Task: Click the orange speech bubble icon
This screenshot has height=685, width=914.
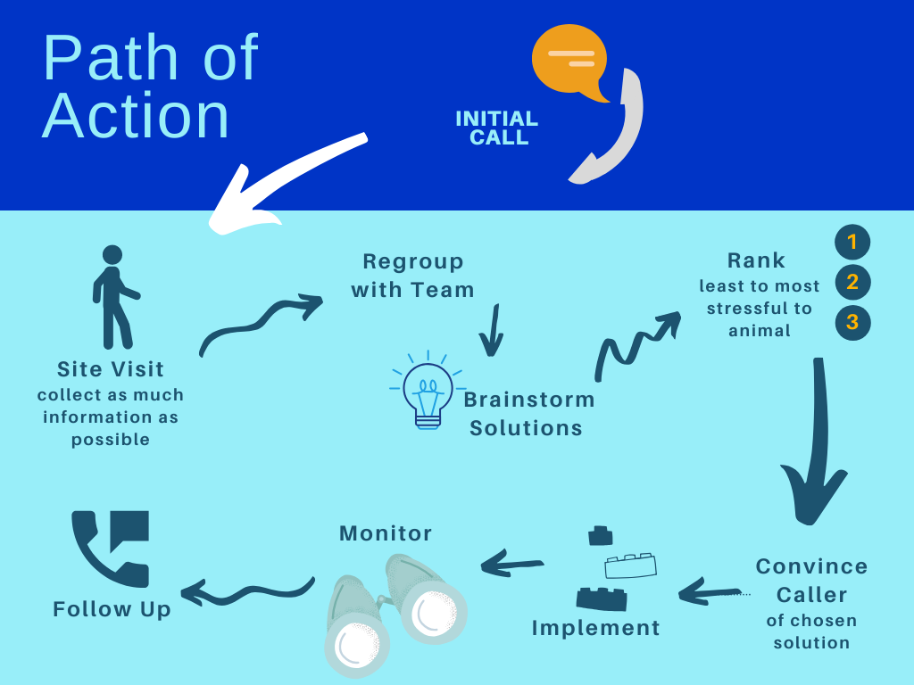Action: (x=569, y=61)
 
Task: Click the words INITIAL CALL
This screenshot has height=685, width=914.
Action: (x=496, y=128)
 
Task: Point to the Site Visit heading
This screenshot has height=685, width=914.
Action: (x=110, y=369)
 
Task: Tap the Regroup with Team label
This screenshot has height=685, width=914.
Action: (x=412, y=276)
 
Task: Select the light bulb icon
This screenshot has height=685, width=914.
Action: (x=428, y=391)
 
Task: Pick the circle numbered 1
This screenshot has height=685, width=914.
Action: (x=852, y=242)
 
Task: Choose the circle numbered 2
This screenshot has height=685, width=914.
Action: (x=852, y=283)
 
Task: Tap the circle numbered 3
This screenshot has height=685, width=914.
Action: (x=852, y=322)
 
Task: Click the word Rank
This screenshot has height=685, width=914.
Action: (x=756, y=260)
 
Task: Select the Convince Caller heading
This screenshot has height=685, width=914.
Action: (x=811, y=580)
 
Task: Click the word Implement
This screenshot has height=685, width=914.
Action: (x=595, y=628)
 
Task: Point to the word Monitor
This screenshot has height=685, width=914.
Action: (x=386, y=533)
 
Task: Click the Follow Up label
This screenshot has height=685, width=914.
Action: (x=112, y=609)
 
